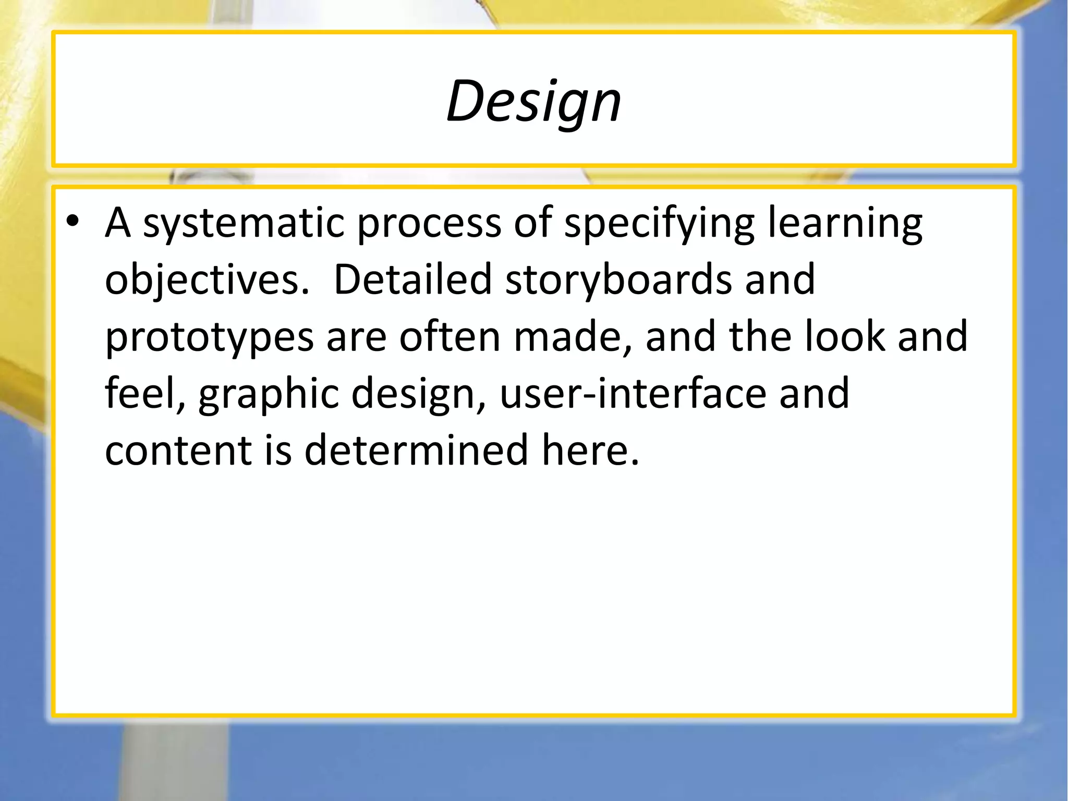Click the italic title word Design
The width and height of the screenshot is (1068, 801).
coord(533,102)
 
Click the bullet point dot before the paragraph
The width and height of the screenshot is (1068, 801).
coord(72,223)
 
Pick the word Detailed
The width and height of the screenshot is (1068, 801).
coord(412,280)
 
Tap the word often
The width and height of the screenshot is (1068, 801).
coord(450,336)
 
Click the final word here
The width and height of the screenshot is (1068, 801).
coord(589,451)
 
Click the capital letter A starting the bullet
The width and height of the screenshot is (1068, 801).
coord(118,223)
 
